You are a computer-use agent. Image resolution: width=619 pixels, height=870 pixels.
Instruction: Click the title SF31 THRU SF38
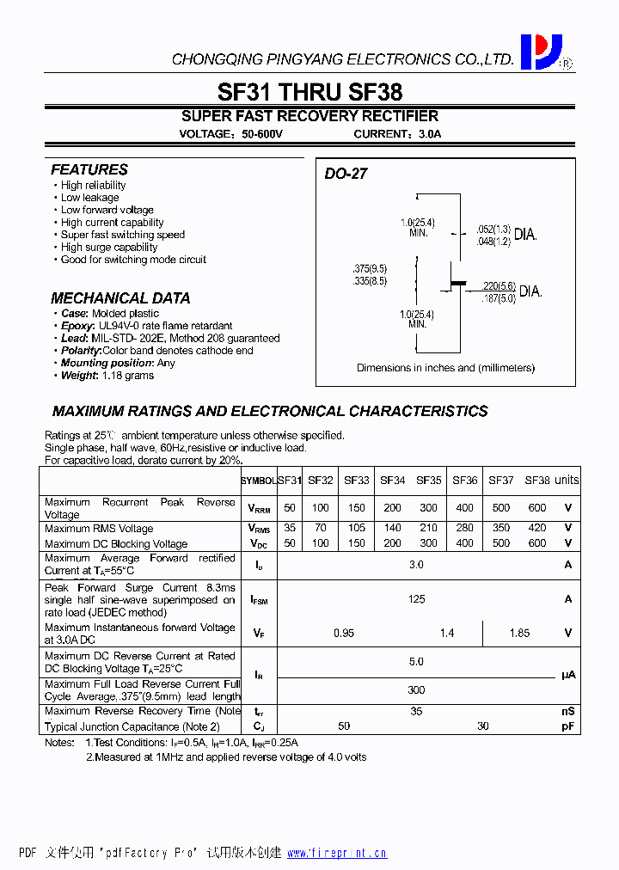pos(309,92)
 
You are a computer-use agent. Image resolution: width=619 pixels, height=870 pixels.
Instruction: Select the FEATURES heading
pos(89,170)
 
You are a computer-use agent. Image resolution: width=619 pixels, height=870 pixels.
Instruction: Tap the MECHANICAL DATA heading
pos(120,298)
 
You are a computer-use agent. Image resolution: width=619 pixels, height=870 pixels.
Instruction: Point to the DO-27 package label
pos(346,174)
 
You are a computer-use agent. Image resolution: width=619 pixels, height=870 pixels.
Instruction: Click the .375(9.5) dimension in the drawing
pos(370,267)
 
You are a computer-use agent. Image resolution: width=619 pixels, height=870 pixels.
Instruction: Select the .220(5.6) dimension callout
pos(499,286)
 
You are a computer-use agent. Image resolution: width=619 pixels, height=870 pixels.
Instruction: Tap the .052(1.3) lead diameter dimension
pos(493,230)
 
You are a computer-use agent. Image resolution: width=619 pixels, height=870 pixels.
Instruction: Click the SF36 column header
pos(464,481)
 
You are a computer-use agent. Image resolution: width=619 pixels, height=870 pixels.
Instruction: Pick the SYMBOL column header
pos(258,481)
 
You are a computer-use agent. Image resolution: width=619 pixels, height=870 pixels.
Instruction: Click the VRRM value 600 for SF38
pos(536,508)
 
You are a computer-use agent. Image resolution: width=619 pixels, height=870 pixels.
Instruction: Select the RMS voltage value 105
pos(357,528)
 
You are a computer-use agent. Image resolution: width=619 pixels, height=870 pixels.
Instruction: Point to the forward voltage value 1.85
pos(519,634)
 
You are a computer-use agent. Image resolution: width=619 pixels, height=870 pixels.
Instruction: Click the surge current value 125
pos(417,599)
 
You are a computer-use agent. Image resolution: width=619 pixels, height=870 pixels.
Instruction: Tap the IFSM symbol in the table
pos(259,600)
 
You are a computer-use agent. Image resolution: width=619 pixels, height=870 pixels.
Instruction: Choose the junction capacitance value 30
pos(482,726)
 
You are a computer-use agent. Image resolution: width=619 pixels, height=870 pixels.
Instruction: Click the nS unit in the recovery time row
pos(567,711)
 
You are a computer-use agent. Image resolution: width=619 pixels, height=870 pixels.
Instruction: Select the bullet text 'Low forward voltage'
pos(107,210)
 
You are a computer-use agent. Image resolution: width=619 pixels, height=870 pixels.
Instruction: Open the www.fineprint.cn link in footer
pos(336,854)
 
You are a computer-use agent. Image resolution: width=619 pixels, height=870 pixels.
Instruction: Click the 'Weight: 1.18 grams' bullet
pos(107,376)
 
